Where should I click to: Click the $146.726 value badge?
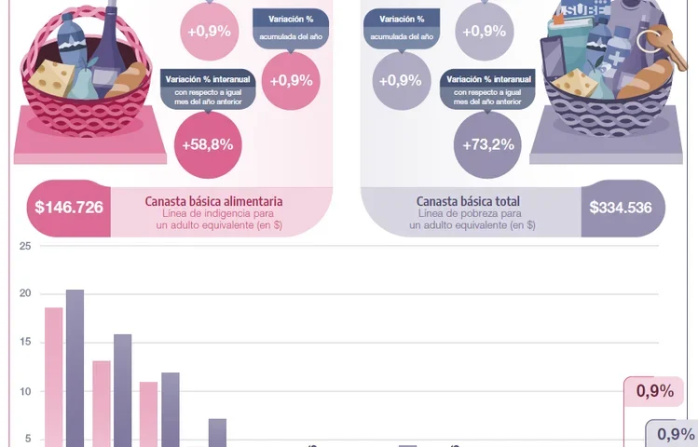pos(69,208)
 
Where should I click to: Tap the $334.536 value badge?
pos(620,208)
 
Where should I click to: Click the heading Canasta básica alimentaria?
pos(213,201)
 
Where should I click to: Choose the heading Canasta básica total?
pos(468,201)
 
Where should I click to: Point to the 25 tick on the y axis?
pos(25,246)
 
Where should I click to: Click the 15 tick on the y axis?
pos(25,343)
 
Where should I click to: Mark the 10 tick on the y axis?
pos(25,391)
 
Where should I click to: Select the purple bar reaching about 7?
pos(217,432)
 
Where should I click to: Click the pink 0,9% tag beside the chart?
pos(654,392)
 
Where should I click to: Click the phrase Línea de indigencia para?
pos(213,213)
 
